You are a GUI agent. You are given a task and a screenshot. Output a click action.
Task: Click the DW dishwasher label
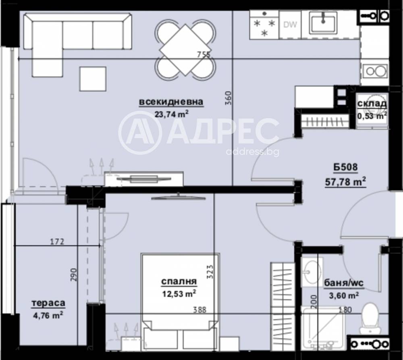click(290, 25)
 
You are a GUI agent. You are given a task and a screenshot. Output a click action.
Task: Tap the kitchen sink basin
click(323, 23)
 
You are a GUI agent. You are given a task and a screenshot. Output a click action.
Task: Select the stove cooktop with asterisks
click(264, 25)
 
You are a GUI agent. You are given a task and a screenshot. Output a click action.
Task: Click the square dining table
click(185, 50)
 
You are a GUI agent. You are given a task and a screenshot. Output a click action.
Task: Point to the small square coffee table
click(93, 79)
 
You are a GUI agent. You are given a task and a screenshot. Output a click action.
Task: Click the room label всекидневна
click(171, 102)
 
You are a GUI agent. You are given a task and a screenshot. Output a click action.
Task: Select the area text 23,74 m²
click(172, 114)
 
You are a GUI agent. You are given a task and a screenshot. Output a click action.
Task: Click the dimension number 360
click(228, 99)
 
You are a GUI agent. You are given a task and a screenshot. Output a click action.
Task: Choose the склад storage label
click(372, 104)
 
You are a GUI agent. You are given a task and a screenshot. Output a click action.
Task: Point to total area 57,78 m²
click(345, 182)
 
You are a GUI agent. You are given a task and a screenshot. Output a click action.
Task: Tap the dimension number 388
click(199, 310)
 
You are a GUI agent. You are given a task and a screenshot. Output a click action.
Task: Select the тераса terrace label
click(49, 303)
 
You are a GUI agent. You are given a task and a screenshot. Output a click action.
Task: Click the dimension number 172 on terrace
click(57, 242)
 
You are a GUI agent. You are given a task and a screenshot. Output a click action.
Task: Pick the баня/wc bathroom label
click(343, 283)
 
